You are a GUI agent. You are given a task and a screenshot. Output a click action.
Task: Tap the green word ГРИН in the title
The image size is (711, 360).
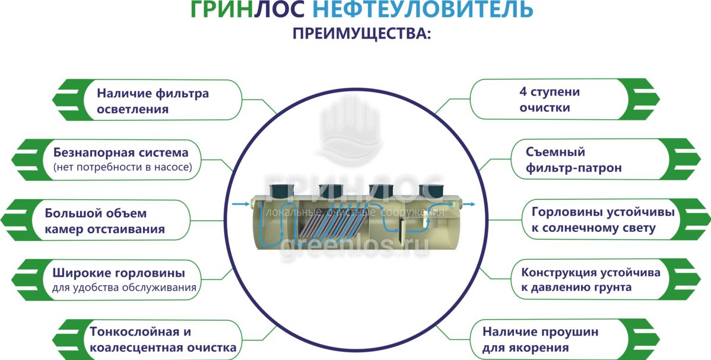pyautogui.click(x=222, y=9)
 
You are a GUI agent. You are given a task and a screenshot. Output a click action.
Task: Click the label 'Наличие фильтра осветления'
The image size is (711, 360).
pyautogui.click(x=153, y=101)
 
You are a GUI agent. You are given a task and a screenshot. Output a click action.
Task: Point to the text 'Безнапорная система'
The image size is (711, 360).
pyautogui.click(x=120, y=152)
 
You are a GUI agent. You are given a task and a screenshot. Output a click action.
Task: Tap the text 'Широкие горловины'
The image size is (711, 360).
pyautogui.click(x=118, y=273)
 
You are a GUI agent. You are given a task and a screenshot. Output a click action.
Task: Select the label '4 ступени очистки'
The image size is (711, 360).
pyautogui.click(x=550, y=100)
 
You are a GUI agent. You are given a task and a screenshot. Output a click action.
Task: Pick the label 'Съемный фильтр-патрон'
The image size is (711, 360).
pyautogui.click(x=573, y=160)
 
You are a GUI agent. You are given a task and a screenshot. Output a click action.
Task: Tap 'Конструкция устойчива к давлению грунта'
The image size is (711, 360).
pyautogui.click(x=591, y=280)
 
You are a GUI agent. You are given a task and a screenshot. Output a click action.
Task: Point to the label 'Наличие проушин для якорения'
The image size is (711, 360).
pyautogui.click(x=540, y=340)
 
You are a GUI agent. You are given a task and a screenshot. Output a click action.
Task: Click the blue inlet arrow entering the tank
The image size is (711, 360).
pyautogui.click(x=240, y=204)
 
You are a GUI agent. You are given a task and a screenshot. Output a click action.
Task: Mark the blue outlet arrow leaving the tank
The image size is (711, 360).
pyautogui.click(x=468, y=204)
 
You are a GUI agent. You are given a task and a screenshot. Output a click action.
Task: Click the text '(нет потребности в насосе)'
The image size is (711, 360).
pyautogui.click(x=122, y=168)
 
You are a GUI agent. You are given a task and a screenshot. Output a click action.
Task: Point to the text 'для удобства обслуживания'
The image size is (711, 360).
pyautogui.click(x=123, y=289)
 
